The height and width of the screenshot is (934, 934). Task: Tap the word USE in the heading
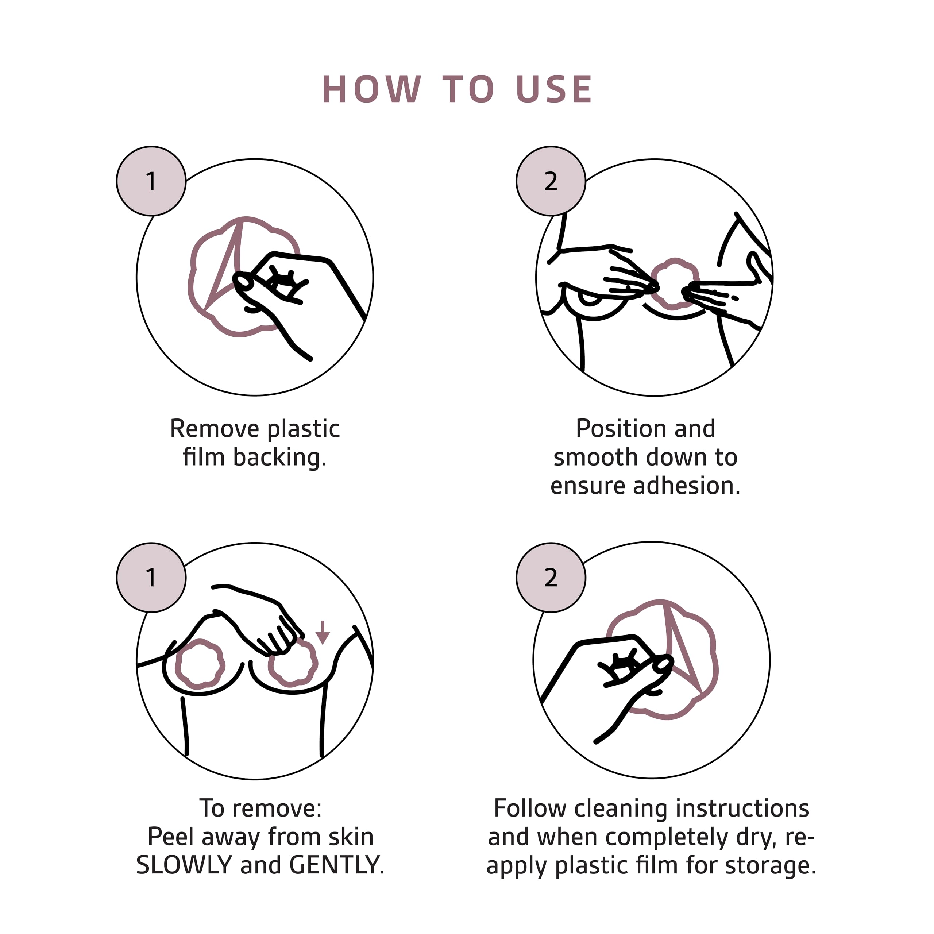[555, 89]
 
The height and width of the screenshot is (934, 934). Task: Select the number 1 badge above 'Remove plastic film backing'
[151, 181]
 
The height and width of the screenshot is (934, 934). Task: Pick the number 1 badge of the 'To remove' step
[151, 577]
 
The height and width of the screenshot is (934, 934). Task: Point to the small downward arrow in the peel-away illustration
[323, 632]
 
